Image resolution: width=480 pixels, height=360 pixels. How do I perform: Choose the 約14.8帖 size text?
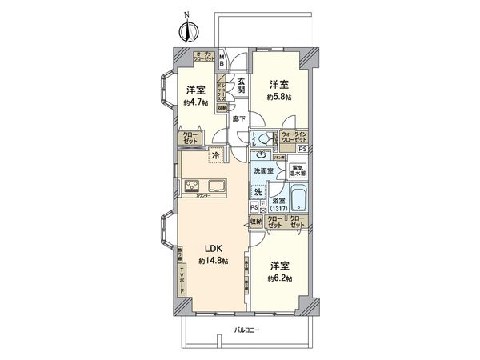pos(213,262)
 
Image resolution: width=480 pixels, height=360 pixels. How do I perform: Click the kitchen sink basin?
pos(221,189)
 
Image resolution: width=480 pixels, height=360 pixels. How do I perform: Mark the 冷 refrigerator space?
pos(215,155)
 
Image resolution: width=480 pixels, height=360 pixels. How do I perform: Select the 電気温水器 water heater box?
pos(298,170)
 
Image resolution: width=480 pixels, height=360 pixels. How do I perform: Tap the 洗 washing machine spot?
pos(258,192)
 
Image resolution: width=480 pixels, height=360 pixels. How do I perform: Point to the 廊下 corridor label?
pos(238,118)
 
